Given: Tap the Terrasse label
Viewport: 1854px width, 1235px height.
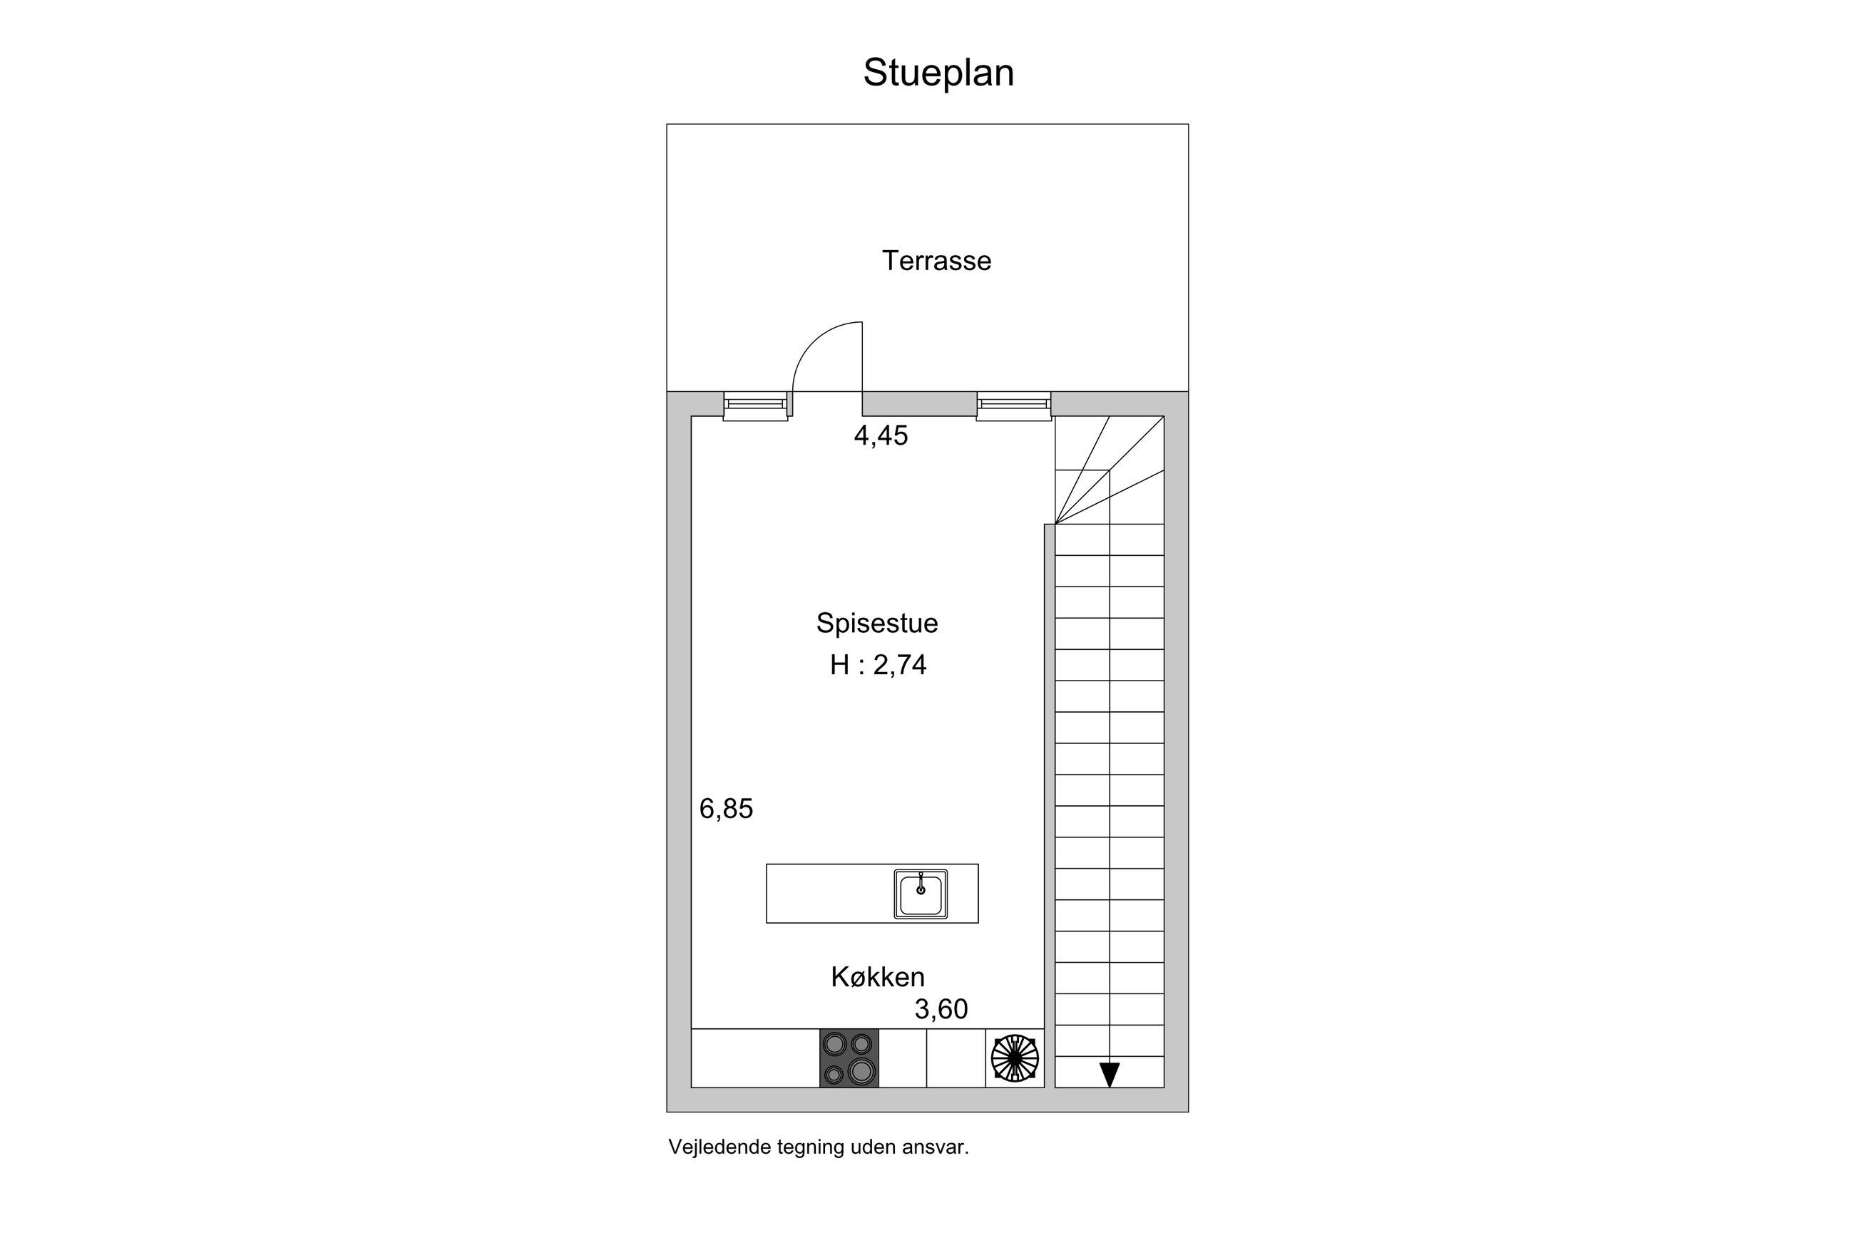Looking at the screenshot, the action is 936,261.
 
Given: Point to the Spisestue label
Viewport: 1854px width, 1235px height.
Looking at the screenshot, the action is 877,623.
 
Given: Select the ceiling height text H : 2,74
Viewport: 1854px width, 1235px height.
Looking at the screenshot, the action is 878,666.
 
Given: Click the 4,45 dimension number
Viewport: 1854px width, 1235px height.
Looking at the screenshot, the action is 881,435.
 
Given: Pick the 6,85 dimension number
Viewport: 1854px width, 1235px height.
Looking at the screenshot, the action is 727,809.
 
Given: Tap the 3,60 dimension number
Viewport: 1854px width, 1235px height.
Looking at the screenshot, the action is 941,1009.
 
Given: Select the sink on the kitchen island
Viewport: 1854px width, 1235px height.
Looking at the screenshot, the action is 921,894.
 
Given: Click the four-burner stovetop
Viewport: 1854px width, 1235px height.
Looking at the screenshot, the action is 849,1058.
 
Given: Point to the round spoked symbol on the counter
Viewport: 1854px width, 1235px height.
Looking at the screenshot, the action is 1015,1058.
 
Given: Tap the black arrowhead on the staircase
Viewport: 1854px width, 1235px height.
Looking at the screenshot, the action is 1110,1075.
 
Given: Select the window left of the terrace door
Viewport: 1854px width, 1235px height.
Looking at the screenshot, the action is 755,406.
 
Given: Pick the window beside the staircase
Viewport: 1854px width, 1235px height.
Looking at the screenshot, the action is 1013,406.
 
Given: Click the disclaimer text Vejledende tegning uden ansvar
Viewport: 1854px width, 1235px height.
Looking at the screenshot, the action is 819,1147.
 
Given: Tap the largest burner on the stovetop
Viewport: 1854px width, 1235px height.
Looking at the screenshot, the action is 861,1070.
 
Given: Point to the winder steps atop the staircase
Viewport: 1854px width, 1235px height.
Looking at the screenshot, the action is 1110,470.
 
